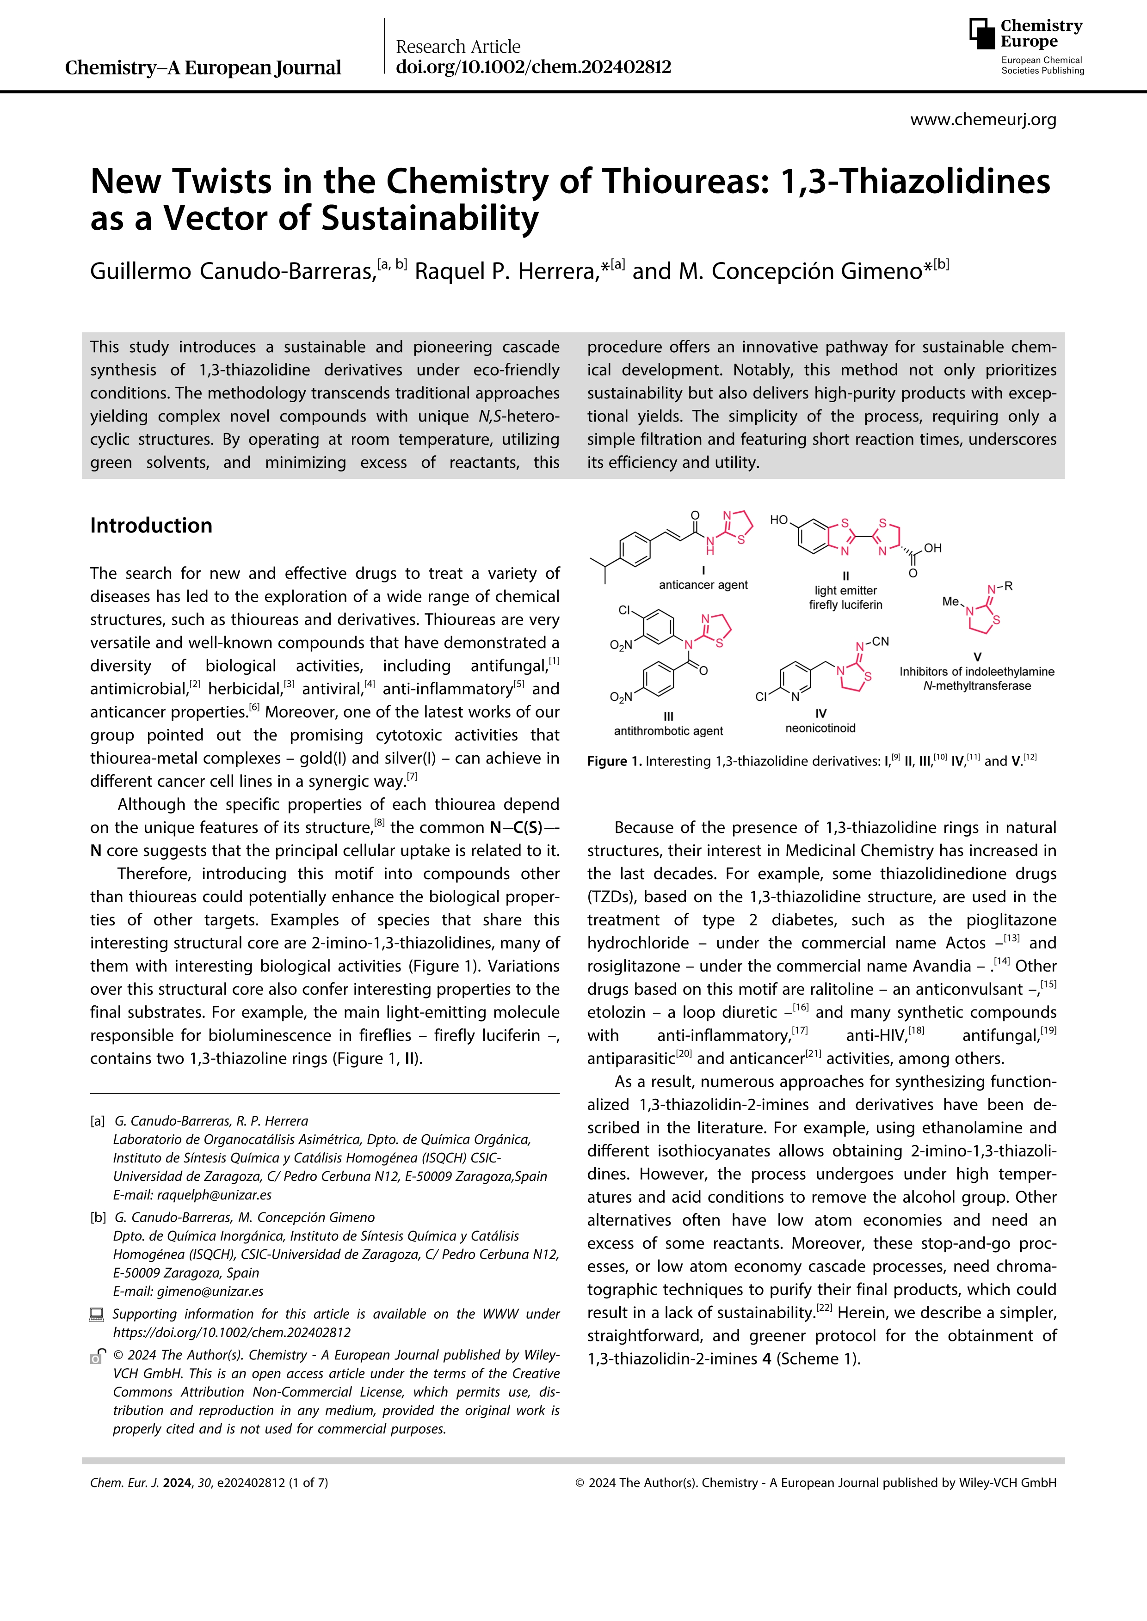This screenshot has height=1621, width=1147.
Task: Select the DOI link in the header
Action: click(x=533, y=67)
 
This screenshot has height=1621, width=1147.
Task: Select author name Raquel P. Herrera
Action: click(x=506, y=271)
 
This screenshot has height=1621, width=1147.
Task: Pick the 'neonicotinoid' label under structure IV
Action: click(x=820, y=728)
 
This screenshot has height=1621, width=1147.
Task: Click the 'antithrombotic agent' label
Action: click(x=668, y=731)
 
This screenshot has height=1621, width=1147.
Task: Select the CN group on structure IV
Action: click(x=880, y=641)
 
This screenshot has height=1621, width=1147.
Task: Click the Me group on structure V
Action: click(x=950, y=601)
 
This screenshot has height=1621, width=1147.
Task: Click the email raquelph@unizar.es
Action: click(x=214, y=1194)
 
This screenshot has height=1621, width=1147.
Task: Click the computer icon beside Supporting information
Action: click(x=96, y=1315)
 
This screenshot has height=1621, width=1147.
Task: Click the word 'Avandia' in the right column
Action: click(x=942, y=966)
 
